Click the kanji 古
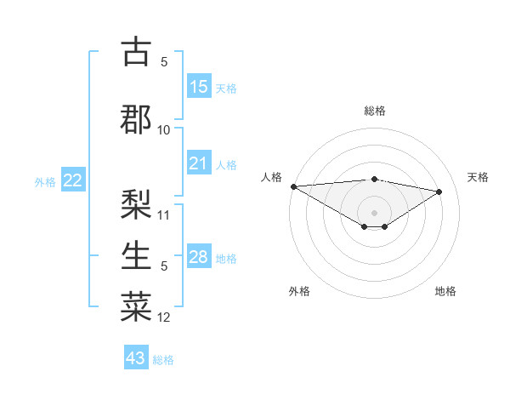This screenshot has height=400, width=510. pyautogui.click(x=136, y=53)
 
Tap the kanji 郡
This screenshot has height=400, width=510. pyautogui.click(x=136, y=118)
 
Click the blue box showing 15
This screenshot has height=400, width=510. pyautogui.click(x=199, y=87)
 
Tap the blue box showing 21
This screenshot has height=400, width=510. pyautogui.click(x=199, y=163)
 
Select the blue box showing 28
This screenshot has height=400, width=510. pyautogui.click(x=199, y=257)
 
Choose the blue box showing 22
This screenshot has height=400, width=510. pyautogui.click(x=73, y=180)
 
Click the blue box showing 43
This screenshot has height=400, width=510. pyautogui.click(x=136, y=358)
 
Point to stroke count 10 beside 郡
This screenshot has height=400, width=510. pyautogui.click(x=164, y=130)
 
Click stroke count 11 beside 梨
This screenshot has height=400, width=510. pyautogui.click(x=164, y=215)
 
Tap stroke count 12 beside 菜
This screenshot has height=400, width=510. pyautogui.click(x=164, y=317)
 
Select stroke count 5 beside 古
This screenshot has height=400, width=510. pyautogui.click(x=164, y=62)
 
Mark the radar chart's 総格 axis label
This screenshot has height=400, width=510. pyautogui.click(x=374, y=111)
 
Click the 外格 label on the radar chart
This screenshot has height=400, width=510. pyautogui.click(x=299, y=291)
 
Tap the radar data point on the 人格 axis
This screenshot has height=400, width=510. pyautogui.click(x=293, y=186)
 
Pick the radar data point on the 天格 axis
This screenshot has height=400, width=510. pyautogui.click(x=439, y=191)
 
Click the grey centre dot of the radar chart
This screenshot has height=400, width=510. pyautogui.click(x=374, y=211)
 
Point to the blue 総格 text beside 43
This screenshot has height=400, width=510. pyautogui.click(x=163, y=360)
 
